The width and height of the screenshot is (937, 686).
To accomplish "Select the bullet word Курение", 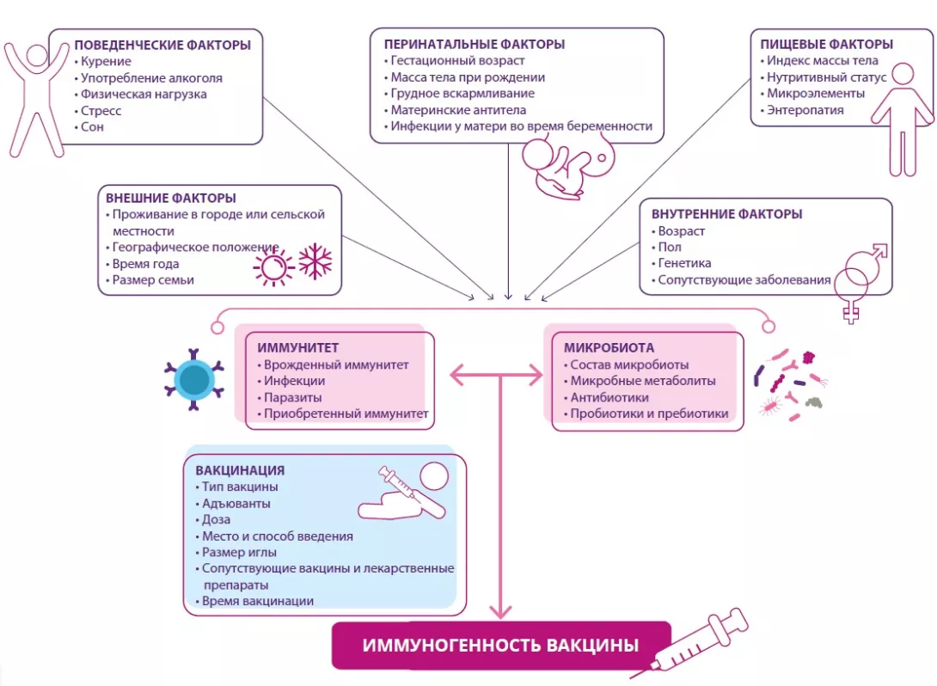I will (107, 62).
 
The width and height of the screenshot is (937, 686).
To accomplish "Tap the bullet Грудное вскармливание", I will (462, 94).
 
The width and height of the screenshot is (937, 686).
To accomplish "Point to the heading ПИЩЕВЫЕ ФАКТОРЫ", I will (826, 45).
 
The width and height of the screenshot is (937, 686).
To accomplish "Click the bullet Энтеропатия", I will (805, 110).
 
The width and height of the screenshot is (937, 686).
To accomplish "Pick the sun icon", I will (273, 266).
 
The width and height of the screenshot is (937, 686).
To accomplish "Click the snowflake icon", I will (315, 261).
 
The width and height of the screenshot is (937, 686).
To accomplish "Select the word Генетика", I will (684, 263).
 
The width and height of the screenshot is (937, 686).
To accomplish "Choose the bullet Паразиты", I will (293, 398).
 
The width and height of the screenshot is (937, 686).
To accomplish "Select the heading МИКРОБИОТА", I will (609, 348).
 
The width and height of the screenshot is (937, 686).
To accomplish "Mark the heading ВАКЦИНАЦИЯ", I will (240, 471).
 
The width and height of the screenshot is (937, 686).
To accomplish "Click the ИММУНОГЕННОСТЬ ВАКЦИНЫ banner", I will (500, 645).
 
